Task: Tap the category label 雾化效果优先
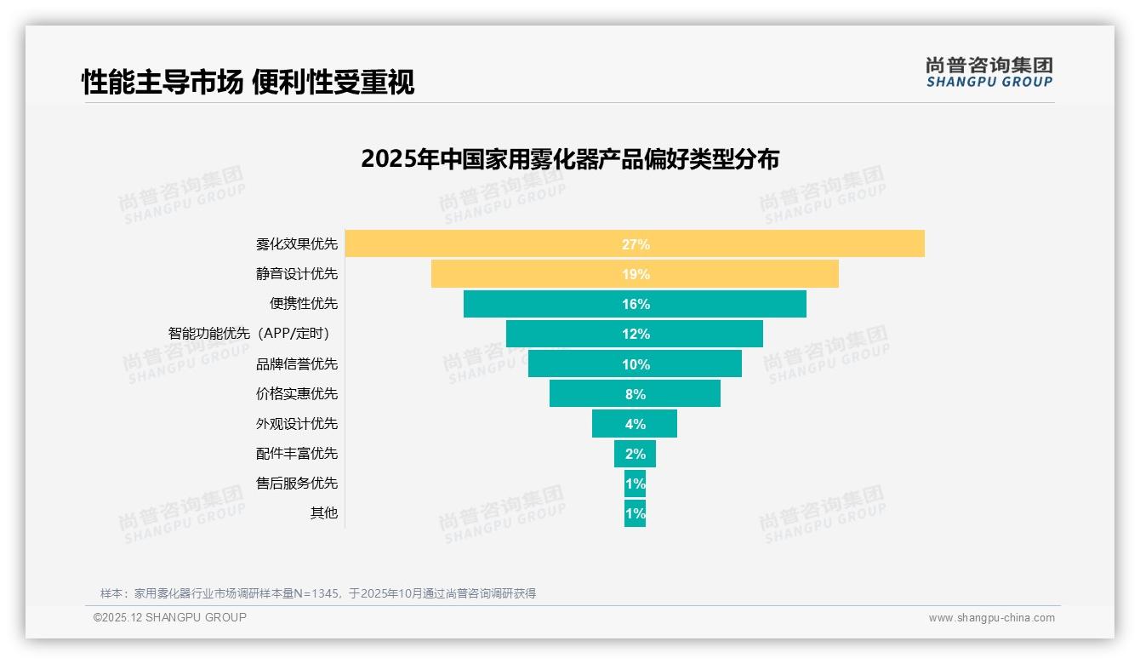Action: pyautogui.click(x=297, y=244)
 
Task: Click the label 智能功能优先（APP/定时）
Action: pyautogui.click(x=252, y=334)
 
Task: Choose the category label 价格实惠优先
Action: pyautogui.click(x=297, y=393)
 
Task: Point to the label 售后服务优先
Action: pyautogui.click(x=297, y=483)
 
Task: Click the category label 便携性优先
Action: pyautogui.click(x=304, y=304)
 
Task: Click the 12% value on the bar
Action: pyautogui.click(x=636, y=334)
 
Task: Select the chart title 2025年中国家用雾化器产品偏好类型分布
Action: pyautogui.click(x=569, y=159)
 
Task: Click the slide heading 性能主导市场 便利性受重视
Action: pyautogui.click(x=248, y=83)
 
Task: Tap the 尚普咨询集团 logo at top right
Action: pyautogui.click(x=989, y=72)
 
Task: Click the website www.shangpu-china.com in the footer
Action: pyautogui.click(x=991, y=618)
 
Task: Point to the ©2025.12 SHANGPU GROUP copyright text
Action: pyautogui.click(x=170, y=617)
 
